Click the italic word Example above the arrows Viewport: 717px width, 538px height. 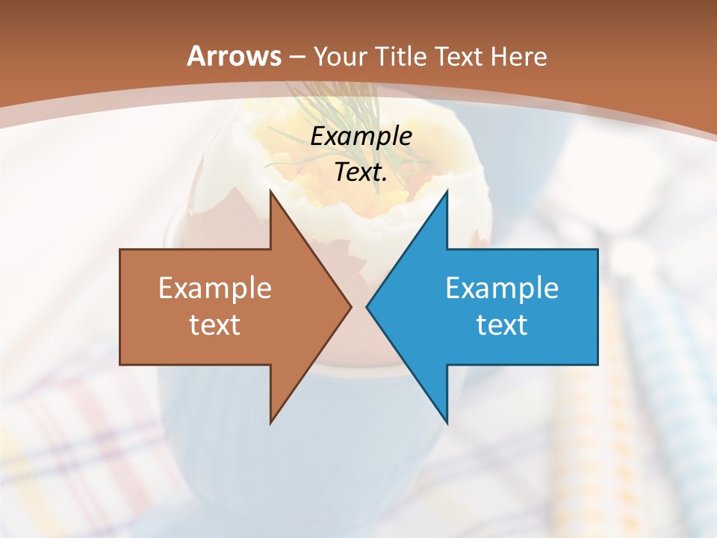click(x=361, y=137)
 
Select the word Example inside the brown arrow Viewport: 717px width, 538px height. click(x=215, y=288)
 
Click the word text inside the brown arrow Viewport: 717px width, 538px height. click(x=215, y=324)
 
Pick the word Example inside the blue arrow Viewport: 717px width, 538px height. click(x=502, y=288)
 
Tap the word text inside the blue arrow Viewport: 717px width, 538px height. click(x=502, y=324)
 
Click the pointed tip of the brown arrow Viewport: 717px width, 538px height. click(x=350, y=306)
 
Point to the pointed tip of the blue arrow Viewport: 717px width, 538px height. click(x=367, y=306)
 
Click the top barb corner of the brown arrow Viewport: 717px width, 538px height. click(x=271, y=192)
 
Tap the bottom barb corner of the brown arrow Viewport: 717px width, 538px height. click(x=271, y=421)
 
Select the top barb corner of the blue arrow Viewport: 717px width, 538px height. click(x=447, y=192)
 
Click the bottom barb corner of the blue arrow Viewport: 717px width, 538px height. click(x=447, y=421)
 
